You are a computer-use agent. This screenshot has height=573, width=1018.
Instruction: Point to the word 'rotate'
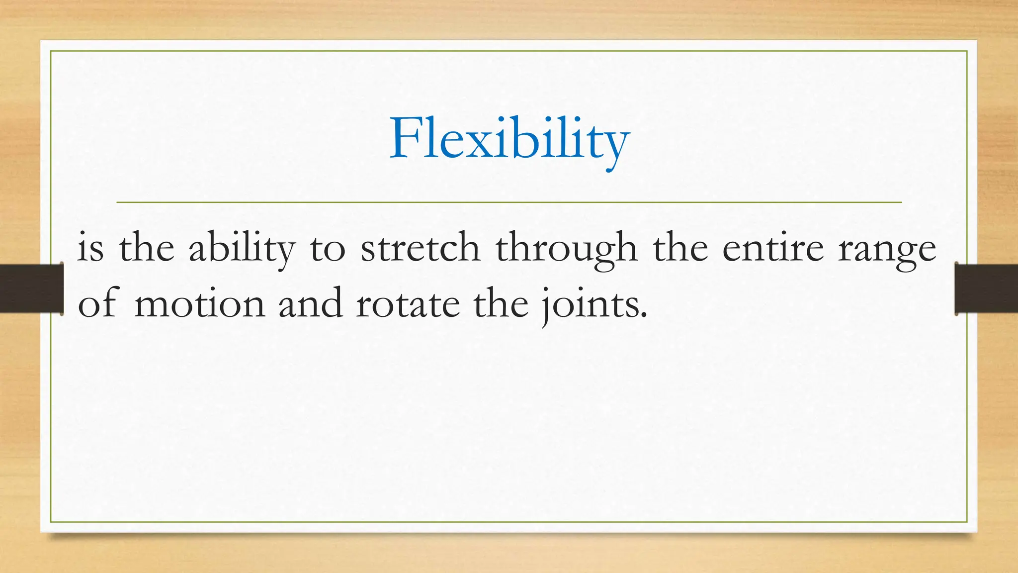pyautogui.click(x=408, y=304)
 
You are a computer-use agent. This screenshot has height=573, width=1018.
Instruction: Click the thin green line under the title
pyautogui.click(x=509, y=202)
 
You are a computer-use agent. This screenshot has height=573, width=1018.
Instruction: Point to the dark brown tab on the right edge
pyautogui.click(x=986, y=288)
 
